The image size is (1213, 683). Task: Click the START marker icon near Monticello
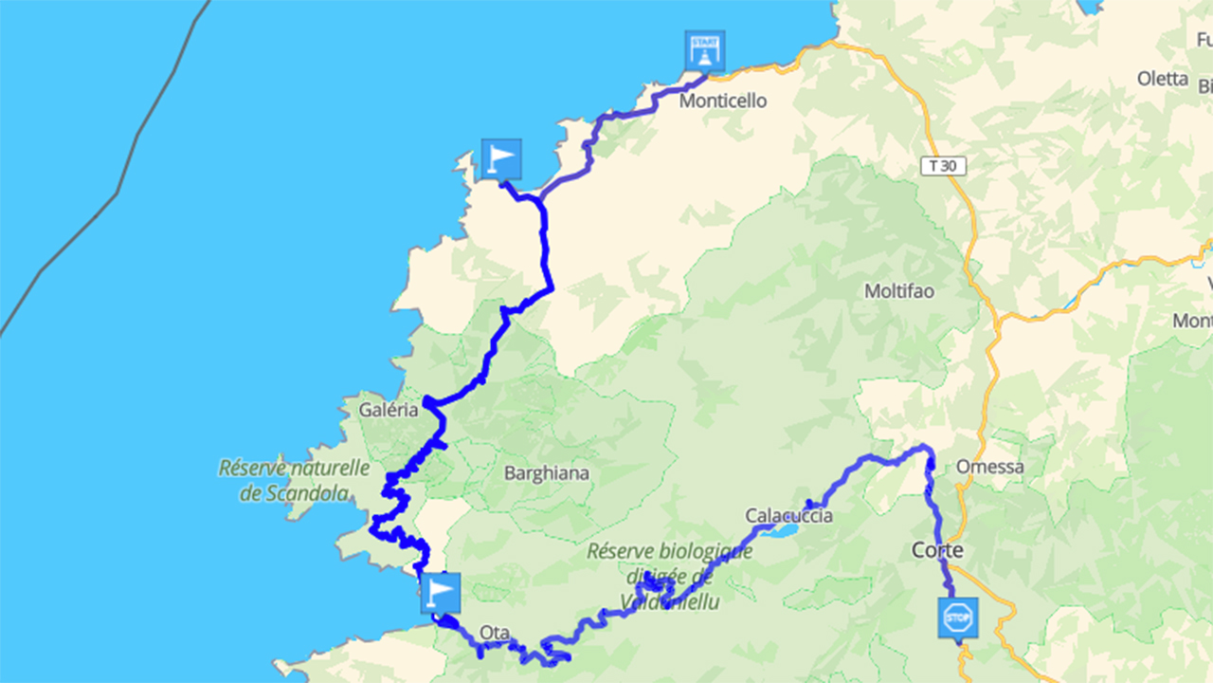click(705, 50)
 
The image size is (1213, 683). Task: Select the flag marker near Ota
click(440, 593)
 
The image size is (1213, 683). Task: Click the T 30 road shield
click(943, 166)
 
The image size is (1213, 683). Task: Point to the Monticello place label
click(723, 101)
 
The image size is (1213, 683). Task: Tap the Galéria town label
click(389, 411)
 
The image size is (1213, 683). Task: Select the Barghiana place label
click(547, 472)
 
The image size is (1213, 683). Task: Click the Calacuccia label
click(788, 516)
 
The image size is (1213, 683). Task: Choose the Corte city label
click(937, 550)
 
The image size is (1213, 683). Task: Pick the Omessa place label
click(990, 467)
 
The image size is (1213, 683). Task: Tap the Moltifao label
click(899, 291)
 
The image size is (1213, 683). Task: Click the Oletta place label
click(1163, 79)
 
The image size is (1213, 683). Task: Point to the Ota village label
click(495, 633)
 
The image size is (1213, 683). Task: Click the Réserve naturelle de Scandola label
click(294, 480)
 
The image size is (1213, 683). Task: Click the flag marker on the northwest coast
click(501, 158)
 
